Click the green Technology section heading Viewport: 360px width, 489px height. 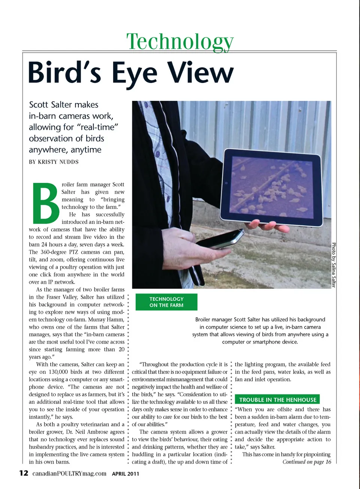180,41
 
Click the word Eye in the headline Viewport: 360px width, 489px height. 134,73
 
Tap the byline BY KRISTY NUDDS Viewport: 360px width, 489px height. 54,162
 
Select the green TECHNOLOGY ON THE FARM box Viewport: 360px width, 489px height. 166,302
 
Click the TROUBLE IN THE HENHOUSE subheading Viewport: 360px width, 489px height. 277,400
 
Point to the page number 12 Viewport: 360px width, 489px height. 24,473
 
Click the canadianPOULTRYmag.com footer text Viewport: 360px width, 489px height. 69,473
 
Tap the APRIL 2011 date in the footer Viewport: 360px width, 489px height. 125,474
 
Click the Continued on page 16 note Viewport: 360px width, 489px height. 307,462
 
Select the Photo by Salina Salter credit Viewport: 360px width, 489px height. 333,265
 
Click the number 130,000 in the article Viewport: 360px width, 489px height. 60,372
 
